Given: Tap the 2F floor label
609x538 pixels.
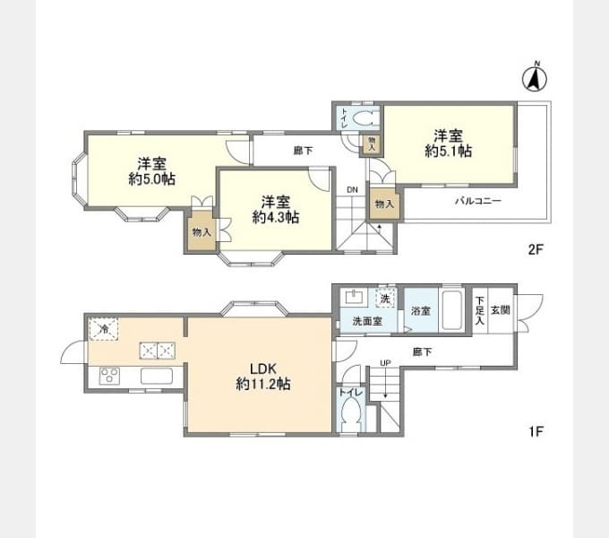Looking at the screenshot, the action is click(x=536, y=249).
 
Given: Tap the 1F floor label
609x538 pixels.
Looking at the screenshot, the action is click(x=536, y=431).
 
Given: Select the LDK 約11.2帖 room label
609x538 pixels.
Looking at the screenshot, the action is click(x=263, y=377).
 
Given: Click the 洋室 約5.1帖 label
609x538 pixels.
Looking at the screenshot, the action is click(x=448, y=143).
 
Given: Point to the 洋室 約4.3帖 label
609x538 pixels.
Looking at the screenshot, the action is click(x=275, y=210).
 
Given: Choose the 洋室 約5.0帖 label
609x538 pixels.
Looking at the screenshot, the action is click(x=152, y=171).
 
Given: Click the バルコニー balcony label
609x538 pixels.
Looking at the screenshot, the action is click(x=478, y=201).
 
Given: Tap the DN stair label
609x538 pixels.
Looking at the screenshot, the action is click(x=352, y=190).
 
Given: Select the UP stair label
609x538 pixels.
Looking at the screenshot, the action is click(x=385, y=363).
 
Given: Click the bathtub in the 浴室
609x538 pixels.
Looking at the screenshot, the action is click(x=451, y=310).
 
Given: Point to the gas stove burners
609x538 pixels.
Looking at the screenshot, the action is click(x=109, y=376).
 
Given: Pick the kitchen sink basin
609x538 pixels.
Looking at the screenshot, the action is click(x=157, y=376).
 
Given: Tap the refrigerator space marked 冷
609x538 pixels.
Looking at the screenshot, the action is click(x=103, y=329).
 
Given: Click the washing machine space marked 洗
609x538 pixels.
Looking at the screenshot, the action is click(x=385, y=299).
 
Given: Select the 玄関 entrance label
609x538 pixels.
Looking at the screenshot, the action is click(x=501, y=310).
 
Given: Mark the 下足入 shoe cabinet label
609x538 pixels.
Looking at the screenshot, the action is click(x=480, y=310).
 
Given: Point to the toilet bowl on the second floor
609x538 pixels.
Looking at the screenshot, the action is click(x=365, y=117).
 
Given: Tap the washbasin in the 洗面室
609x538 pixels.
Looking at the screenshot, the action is click(x=354, y=297).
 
